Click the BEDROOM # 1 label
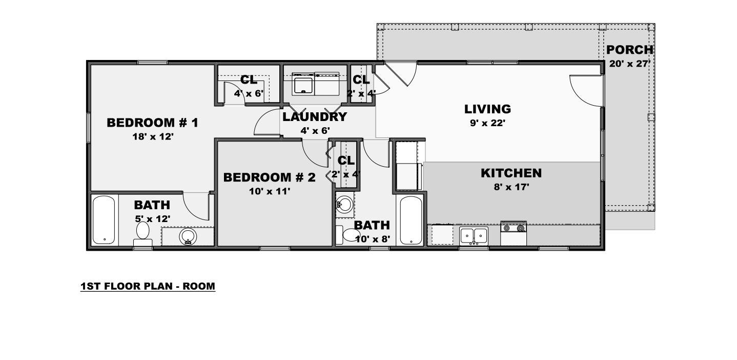pyautogui.click(x=153, y=123)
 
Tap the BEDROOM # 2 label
pyautogui.click(x=270, y=177)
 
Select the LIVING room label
pyautogui.click(x=487, y=109)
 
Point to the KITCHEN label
pyautogui.click(x=511, y=173)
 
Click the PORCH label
pyautogui.click(x=630, y=50)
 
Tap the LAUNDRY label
pyautogui.click(x=315, y=117)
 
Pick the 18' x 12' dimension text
pyautogui.click(x=153, y=136)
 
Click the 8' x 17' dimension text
pyautogui.click(x=511, y=187)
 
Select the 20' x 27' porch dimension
pyautogui.click(x=630, y=64)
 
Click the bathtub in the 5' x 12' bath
pyautogui.click(x=104, y=220)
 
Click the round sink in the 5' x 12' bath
pyautogui.click(x=188, y=236)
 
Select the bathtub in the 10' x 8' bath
pyautogui.click(x=411, y=220)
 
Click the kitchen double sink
pyautogui.click(x=474, y=236)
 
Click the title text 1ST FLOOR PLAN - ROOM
pyautogui.click(x=148, y=286)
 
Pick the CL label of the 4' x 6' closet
pyautogui.click(x=249, y=79)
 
